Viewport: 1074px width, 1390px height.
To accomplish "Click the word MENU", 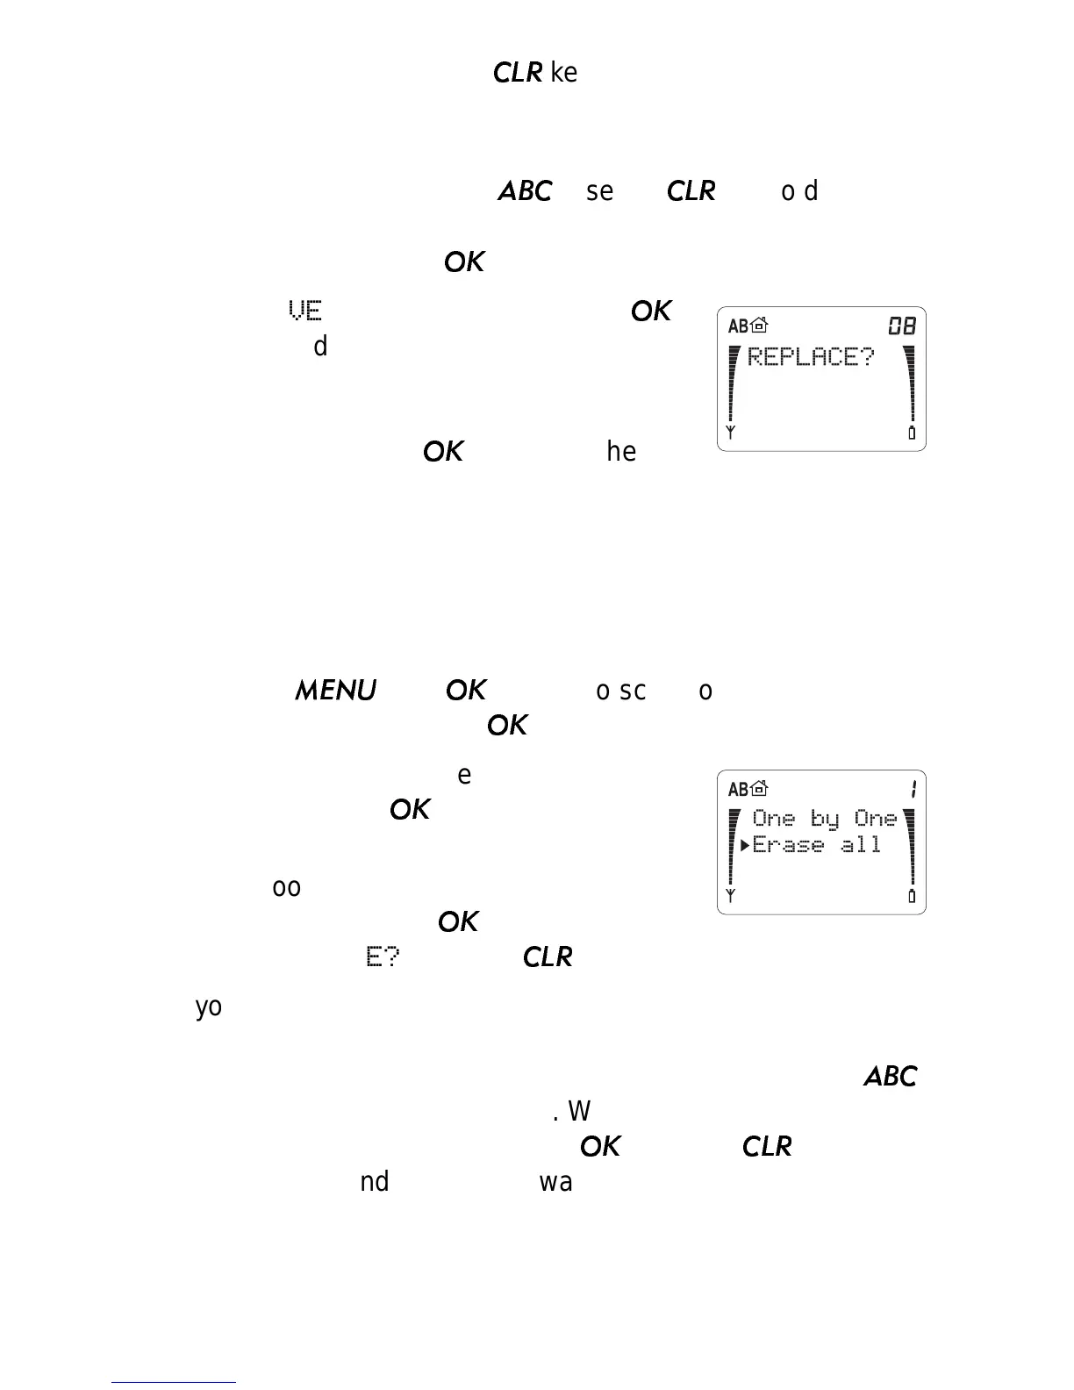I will (x=335, y=691).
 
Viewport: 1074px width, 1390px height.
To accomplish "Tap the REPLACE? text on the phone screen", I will (x=811, y=357).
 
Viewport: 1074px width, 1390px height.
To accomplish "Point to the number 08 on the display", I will (x=902, y=326).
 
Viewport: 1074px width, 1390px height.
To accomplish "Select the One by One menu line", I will (x=825, y=819).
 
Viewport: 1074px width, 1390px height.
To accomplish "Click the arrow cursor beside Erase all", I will (x=744, y=845).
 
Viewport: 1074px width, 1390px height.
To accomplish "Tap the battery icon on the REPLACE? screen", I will (x=912, y=433).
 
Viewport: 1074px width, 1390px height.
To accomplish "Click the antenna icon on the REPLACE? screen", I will (x=730, y=432).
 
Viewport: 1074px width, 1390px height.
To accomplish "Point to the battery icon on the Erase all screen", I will (x=912, y=896).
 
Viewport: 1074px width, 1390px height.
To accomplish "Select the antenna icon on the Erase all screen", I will (x=730, y=895).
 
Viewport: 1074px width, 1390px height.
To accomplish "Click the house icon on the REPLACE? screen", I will (x=759, y=326).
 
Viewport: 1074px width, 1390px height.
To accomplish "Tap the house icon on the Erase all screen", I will (x=759, y=790).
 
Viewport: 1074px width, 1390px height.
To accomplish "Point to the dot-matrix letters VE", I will (x=305, y=311).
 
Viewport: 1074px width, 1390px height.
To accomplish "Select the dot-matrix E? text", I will (x=383, y=957).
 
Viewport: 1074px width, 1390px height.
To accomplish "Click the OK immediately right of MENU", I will (x=465, y=691).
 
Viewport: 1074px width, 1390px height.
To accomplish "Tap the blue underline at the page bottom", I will (x=174, y=1382).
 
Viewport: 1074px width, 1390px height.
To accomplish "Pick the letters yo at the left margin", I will (x=209, y=1007).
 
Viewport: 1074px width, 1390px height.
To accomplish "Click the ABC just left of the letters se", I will (x=525, y=191).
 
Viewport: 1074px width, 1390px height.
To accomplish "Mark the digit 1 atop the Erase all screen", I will (x=913, y=790).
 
